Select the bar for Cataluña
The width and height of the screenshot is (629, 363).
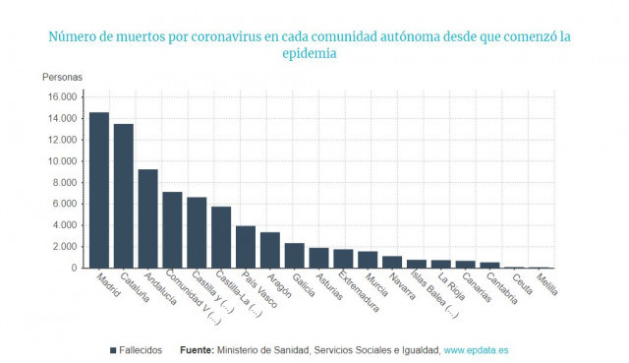(124, 196)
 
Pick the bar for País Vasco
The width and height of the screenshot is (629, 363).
(246, 247)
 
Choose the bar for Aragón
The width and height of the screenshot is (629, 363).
(270, 250)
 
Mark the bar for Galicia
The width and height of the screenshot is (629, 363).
(295, 256)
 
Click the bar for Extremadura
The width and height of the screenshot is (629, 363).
(343, 259)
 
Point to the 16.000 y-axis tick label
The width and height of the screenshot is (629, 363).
(60, 96)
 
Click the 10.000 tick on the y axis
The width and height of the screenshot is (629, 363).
(60, 161)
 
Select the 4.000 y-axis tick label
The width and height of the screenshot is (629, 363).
(64, 225)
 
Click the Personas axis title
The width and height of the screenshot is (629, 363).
(63, 77)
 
